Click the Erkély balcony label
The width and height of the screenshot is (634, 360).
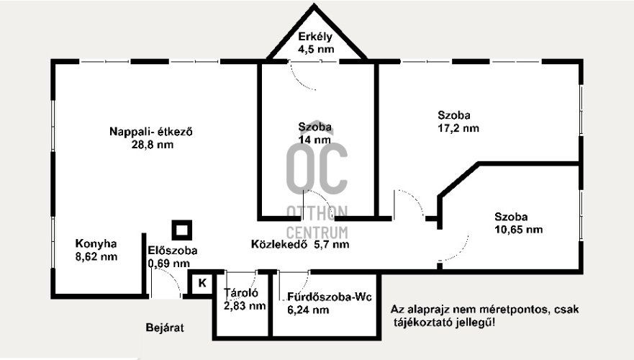[314, 38]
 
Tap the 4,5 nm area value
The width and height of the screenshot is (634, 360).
[314, 50]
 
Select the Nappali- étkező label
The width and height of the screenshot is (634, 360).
[153, 132]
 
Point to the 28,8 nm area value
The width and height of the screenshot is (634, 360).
[153, 145]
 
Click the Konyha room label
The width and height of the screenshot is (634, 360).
[96, 243]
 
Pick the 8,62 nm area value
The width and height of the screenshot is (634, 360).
[96, 256]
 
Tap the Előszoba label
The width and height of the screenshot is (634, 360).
[172, 251]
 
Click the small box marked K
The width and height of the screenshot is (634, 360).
[202, 283]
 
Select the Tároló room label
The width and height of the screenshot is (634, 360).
[242, 293]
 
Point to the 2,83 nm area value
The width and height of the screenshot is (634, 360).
[245, 306]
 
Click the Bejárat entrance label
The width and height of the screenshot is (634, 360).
[165, 328]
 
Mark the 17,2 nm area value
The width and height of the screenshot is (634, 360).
[458, 129]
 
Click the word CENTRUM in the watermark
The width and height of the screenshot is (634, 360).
[317, 232]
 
